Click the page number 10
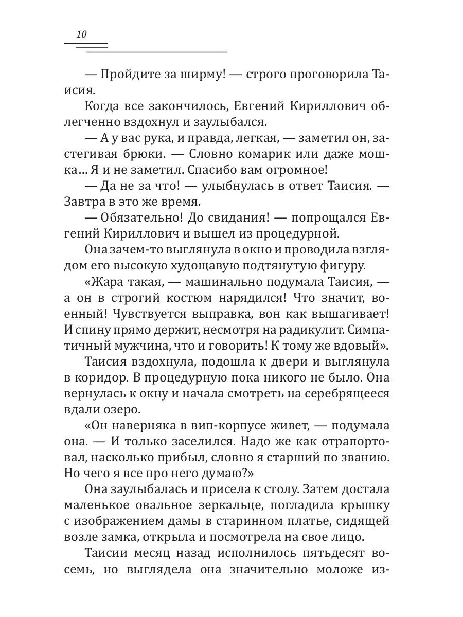tap(82, 34)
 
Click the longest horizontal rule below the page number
tap(156, 52)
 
